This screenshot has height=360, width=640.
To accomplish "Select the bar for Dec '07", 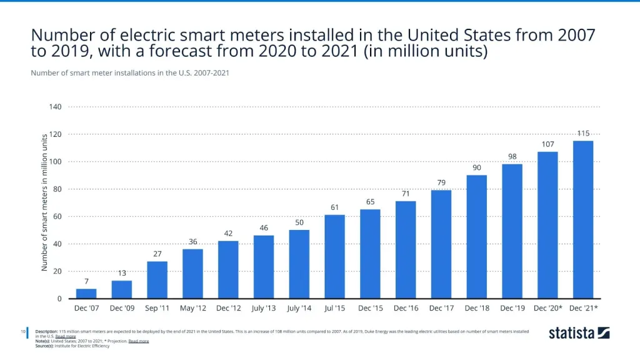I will [x=86, y=294].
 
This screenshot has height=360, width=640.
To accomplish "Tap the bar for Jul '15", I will [x=334, y=257].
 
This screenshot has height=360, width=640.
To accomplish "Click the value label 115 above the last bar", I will [x=582, y=133].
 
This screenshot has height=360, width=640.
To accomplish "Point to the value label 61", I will [x=334, y=207].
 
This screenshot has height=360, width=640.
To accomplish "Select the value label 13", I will [x=122, y=272].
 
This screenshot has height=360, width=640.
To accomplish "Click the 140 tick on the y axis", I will [x=55, y=107].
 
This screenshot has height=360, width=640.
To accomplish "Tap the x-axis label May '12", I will [x=192, y=308].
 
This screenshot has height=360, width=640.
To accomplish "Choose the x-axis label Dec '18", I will [x=476, y=308].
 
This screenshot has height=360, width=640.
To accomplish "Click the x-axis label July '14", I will [x=299, y=308].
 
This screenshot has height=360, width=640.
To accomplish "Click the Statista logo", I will [x=579, y=332].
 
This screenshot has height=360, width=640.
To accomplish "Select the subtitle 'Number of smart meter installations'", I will [x=129, y=73].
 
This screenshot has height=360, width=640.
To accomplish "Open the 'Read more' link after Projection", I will [x=139, y=341].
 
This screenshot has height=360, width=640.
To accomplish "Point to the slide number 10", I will [x=23, y=331].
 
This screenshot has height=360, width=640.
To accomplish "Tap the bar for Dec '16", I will [x=405, y=250].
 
